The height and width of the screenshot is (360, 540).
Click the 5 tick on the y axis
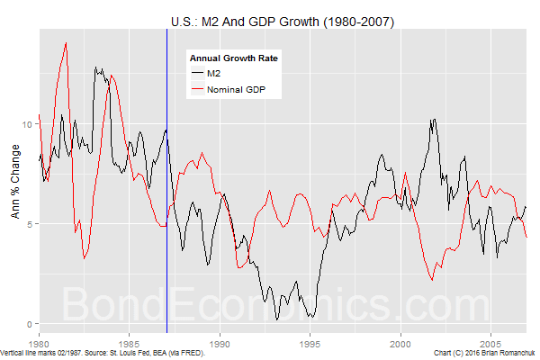coord(31,224)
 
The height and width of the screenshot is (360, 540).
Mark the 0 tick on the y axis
coord(31,324)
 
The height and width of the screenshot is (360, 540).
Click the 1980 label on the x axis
coord(39,344)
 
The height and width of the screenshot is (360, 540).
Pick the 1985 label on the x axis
coord(130,344)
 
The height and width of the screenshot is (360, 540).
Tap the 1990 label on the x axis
coord(220,344)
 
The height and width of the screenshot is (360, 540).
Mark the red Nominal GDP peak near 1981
coord(66,43)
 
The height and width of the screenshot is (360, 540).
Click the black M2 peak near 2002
coord(435,119)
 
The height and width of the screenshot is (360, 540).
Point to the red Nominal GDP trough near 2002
coord(433,281)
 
